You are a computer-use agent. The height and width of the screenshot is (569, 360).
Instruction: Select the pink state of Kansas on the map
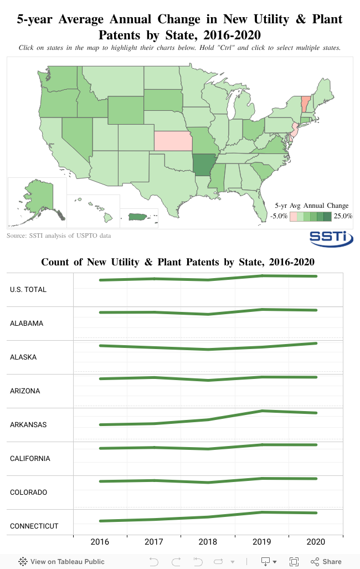click(x=173, y=141)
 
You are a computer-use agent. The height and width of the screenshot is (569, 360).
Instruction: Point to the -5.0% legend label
click(x=279, y=216)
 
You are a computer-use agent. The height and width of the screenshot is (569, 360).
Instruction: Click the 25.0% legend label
click(x=343, y=216)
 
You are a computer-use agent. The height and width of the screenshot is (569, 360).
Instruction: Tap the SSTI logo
click(x=331, y=238)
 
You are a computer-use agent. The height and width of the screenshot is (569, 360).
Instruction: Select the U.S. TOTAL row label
click(x=28, y=290)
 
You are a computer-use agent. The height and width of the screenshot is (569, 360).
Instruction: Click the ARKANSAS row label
click(x=28, y=425)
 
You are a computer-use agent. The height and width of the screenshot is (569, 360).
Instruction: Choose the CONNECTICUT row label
click(x=34, y=526)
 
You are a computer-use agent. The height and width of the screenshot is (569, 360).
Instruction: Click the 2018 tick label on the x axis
click(x=208, y=542)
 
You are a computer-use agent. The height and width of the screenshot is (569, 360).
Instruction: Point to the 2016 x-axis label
click(x=100, y=542)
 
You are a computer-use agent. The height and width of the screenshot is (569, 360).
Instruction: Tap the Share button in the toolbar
click(x=326, y=561)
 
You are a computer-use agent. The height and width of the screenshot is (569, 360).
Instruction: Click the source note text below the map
click(x=59, y=236)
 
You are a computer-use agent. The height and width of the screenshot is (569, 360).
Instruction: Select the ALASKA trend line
click(x=208, y=348)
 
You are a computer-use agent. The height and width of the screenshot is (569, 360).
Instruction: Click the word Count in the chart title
click(x=55, y=262)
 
